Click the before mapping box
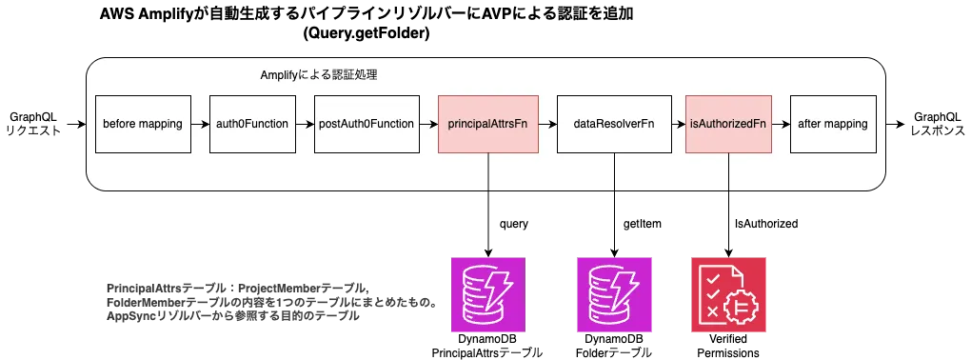tap(143, 124)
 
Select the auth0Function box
tap(252, 124)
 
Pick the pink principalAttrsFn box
tap(488, 124)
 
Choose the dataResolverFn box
tap(614, 124)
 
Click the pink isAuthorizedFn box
tap(728, 124)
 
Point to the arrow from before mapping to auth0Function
tap(201, 124)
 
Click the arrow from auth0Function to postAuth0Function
tap(306, 124)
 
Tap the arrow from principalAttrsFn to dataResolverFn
tap(547, 124)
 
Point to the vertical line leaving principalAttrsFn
tap(488, 171)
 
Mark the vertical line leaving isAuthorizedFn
tap(728, 171)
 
